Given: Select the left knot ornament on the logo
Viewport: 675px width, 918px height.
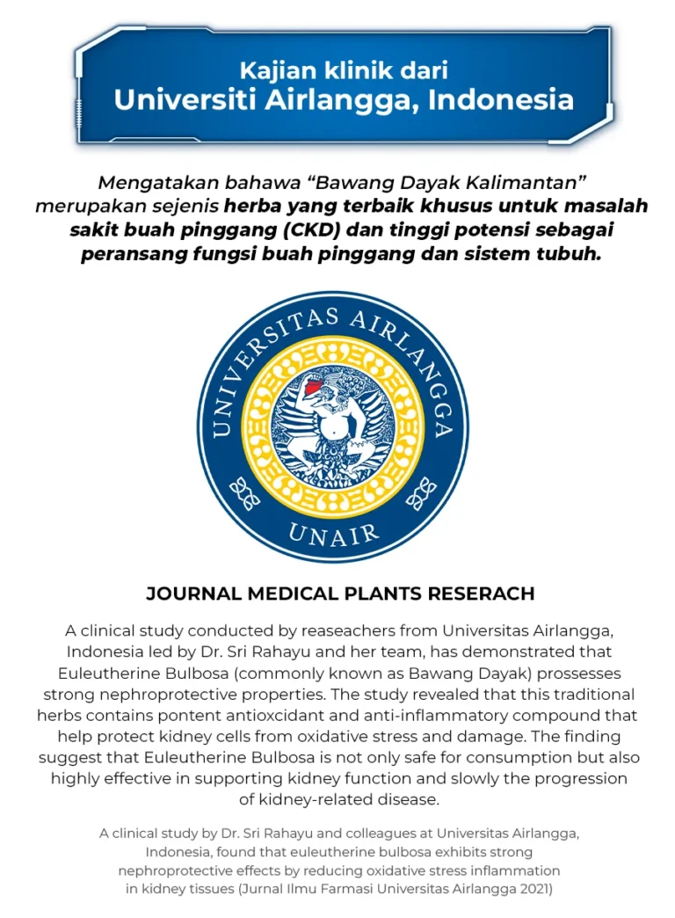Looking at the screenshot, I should [x=244, y=494].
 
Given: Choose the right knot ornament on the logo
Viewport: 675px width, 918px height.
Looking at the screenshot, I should [x=422, y=494].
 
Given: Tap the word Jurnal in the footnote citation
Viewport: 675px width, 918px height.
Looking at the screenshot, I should [x=273, y=889].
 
